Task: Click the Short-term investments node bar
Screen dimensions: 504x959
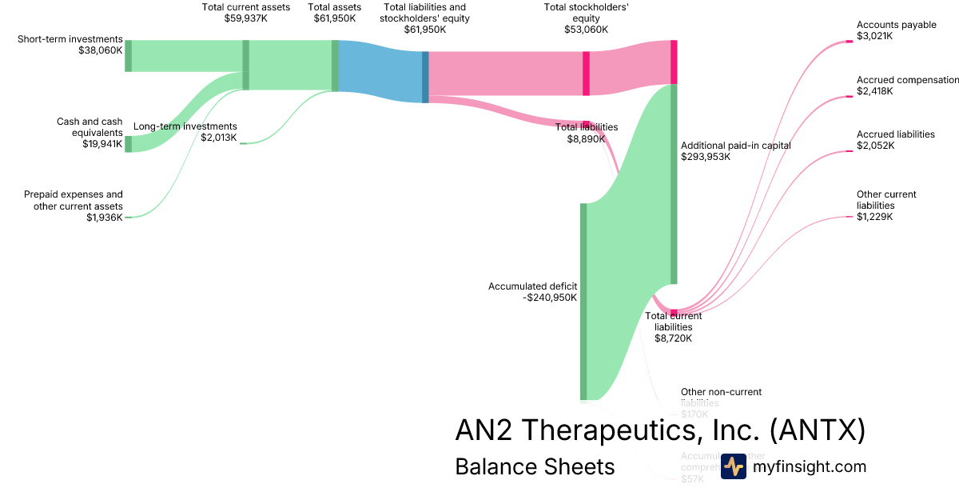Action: point(128,55)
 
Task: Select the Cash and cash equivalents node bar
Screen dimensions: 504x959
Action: point(128,144)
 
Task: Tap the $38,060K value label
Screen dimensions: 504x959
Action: point(100,50)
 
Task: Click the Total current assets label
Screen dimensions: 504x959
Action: point(245,7)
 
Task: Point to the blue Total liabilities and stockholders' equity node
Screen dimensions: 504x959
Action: point(425,76)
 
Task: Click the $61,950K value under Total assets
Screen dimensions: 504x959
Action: point(335,18)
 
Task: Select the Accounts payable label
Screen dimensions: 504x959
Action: point(896,25)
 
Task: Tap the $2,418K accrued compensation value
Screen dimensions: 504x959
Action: point(875,91)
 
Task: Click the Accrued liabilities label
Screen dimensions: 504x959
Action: point(895,134)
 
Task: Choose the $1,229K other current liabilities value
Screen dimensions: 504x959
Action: point(875,216)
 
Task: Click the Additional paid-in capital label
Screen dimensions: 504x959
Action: point(735,146)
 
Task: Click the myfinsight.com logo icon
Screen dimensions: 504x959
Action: point(733,466)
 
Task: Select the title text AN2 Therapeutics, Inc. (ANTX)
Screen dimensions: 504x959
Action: point(660,430)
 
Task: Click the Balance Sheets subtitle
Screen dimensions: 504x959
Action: point(535,467)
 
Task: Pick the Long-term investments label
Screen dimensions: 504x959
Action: point(185,126)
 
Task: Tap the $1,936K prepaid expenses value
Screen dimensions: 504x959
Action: point(104,217)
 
